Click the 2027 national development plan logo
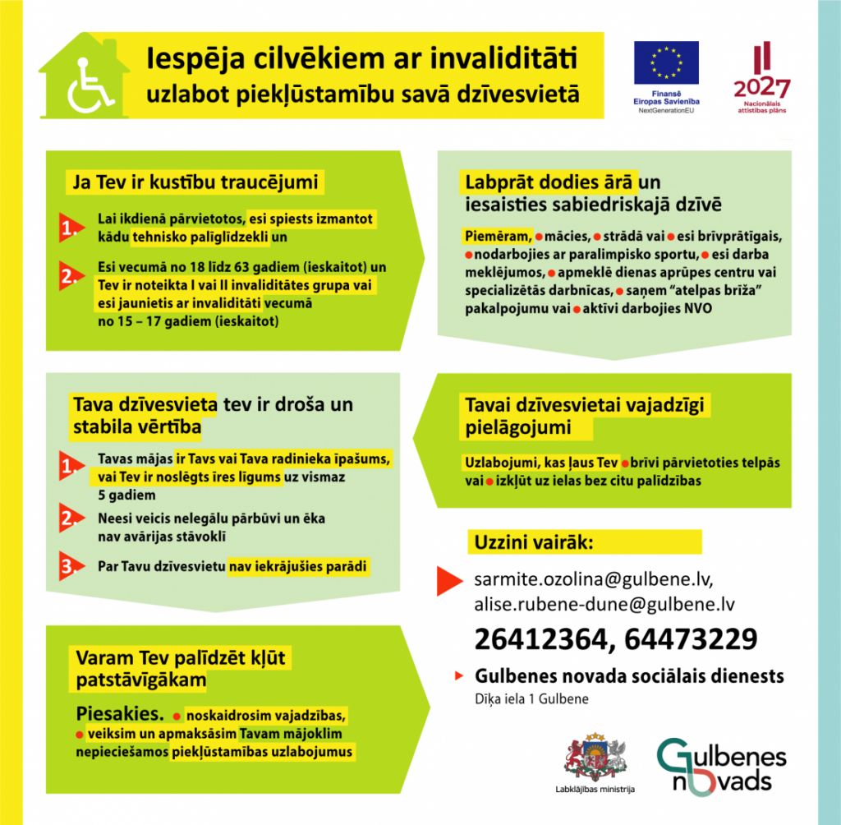761,78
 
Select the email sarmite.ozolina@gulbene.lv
594,579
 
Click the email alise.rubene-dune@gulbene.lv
603,605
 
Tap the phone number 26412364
542,639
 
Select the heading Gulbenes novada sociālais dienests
629,677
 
